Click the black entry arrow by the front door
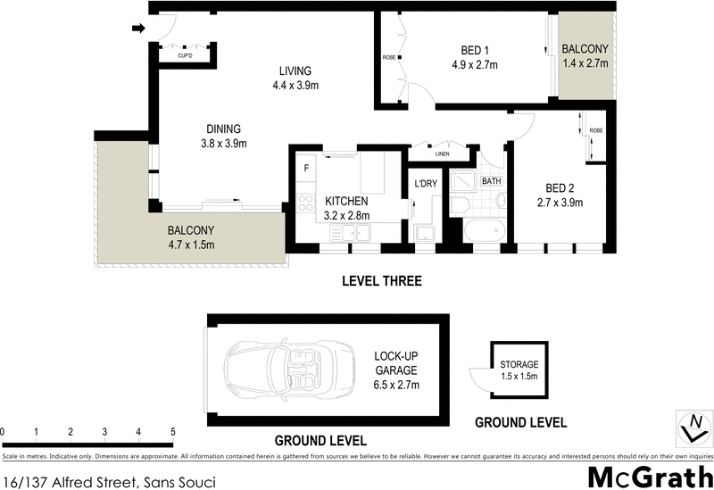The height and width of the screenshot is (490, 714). pos(137,28)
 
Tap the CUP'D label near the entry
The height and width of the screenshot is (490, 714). pos(185,55)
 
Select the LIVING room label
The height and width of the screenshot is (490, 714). pos(294,71)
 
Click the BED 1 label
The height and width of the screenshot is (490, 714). pos(473,50)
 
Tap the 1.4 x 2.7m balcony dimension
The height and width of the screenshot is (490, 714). pos(585,63)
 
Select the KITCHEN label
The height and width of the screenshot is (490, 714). pos(346,201)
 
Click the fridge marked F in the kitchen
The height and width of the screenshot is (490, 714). pos(306,168)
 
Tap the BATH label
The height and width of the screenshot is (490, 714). pos(491,181)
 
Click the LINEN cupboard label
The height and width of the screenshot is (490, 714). pos(443,154)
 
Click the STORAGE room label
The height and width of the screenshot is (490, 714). pos(519,364)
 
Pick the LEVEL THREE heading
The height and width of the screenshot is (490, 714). pos(381,281)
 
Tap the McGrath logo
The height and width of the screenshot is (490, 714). pos(651,475)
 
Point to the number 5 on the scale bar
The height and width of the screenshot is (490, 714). pos(172,432)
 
